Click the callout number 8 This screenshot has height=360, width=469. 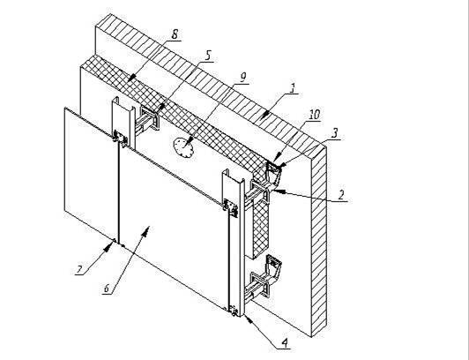click(175, 34)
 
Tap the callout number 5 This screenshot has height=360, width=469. click(208, 56)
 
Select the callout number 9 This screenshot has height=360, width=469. click(242, 78)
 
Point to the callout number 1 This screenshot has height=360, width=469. click(293, 88)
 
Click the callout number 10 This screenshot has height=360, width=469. click(314, 115)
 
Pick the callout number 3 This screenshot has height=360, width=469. click(335, 133)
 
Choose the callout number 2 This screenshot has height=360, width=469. click(341, 194)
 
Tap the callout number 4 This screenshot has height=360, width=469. click(285, 342)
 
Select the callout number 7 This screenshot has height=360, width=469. click(79, 270)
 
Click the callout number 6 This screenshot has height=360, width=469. click(107, 289)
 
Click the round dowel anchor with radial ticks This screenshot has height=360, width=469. click(183, 147)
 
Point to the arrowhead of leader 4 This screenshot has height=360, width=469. click(249, 319)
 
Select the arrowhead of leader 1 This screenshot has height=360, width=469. click(264, 116)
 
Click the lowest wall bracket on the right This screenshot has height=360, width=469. click(264, 277)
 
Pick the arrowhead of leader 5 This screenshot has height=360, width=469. click(161, 107)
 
